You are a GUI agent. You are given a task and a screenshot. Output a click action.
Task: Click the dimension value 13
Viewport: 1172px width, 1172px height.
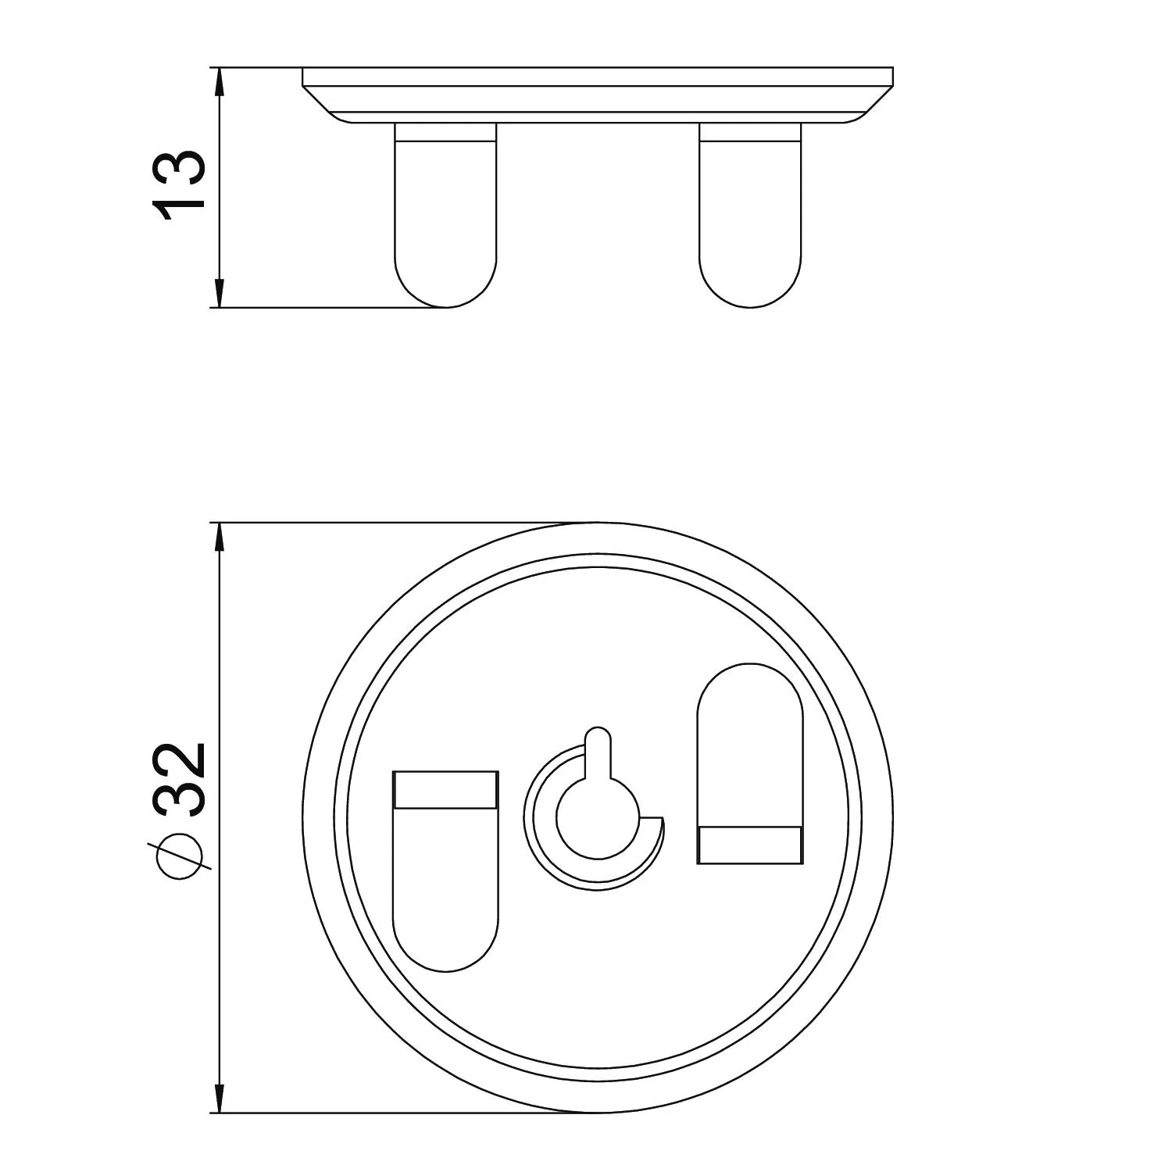point(180,186)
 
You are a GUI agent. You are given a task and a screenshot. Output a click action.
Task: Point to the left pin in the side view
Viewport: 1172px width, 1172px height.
point(445,215)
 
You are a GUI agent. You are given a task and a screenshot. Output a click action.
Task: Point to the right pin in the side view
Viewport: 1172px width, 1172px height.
point(750,215)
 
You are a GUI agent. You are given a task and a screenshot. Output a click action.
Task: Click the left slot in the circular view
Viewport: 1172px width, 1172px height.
point(445,871)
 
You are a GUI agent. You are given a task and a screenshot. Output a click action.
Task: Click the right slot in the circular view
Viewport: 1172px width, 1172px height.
point(749,763)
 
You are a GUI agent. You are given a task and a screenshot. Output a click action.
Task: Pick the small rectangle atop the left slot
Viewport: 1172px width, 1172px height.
point(445,789)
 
